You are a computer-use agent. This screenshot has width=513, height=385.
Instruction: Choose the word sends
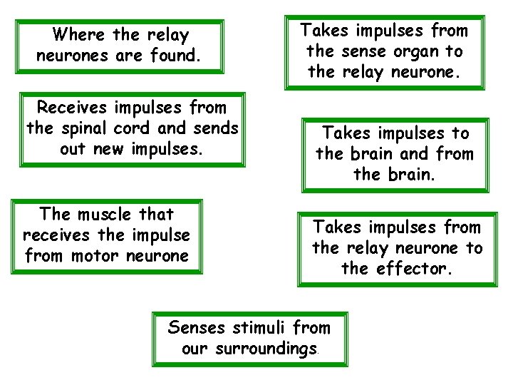pos(214,129)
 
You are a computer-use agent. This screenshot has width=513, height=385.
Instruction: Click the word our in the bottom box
pos(194,350)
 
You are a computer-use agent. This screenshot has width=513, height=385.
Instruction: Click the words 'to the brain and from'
pos(394,154)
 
